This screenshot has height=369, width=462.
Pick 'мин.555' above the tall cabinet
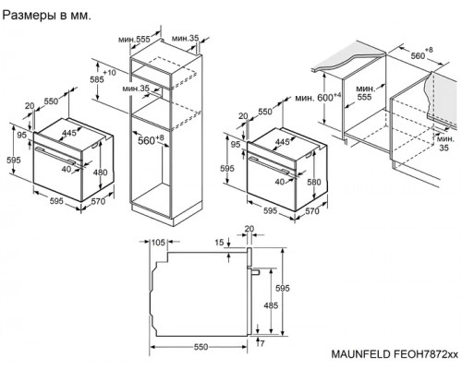(x=135, y=41)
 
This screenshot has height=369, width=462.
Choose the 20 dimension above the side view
(x=249, y=229)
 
